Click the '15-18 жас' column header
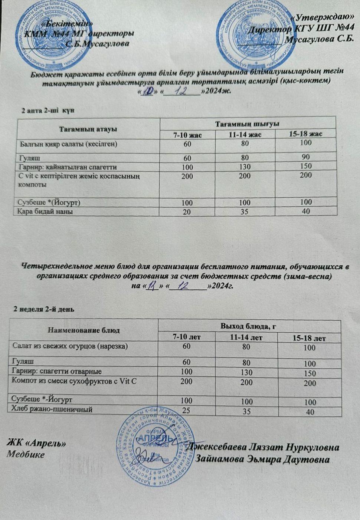pyautogui.click(x=305, y=134)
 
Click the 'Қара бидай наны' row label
pyautogui.click(x=46, y=211)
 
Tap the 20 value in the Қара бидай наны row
pyautogui.click(x=187, y=211)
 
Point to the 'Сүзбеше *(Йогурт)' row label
pyautogui.click(x=50, y=203)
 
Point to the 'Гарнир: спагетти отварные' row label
pyautogui.click(x=57, y=371)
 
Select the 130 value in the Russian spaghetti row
pyautogui.click(x=246, y=372)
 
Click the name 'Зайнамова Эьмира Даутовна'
pyautogui.click(x=263, y=459)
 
